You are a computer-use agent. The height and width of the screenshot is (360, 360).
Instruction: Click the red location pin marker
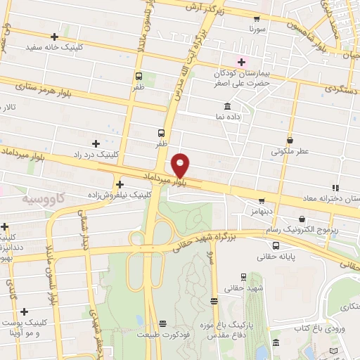(x=181, y=165)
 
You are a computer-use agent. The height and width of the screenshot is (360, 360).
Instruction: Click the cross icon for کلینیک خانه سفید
(x=55, y=37)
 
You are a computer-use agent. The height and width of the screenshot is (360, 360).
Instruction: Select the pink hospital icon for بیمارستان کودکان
(x=241, y=62)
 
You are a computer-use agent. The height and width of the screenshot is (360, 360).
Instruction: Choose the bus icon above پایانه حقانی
(x=275, y=246)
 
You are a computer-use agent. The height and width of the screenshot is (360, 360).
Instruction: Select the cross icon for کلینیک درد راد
(x=96, y=143)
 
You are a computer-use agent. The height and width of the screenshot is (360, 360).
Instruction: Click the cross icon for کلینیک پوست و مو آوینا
(x=25, y=311)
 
